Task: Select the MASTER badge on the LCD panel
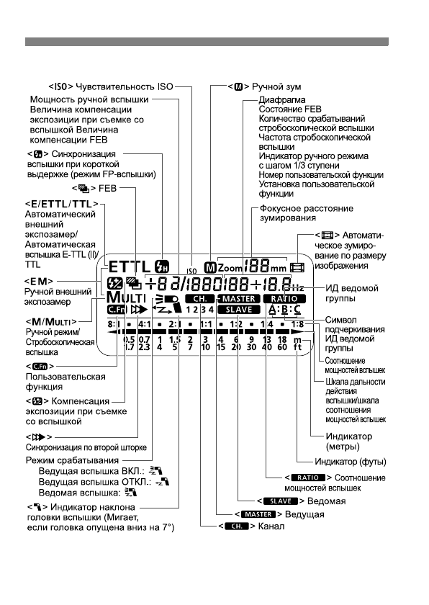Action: tap(240, 297)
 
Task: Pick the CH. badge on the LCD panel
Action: tap(199, 297)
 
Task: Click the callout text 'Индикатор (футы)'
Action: tap(351, 461)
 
